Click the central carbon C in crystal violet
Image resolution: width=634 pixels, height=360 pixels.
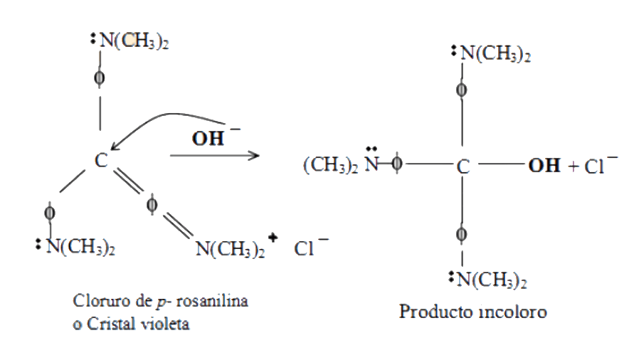click(101, 160)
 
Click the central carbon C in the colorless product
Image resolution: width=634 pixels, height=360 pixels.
click(463, 166)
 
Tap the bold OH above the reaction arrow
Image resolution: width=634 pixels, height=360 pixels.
click(208, 139)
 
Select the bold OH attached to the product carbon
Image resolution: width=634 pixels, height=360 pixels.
click(544, 166)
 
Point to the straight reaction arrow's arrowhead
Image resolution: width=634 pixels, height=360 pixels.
click(255, 155)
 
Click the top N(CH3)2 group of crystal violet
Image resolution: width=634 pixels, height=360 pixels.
click(134, 41)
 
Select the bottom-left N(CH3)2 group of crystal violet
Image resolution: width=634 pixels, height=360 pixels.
click(80, 246)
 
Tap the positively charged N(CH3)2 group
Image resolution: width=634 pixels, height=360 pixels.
click(230, 249)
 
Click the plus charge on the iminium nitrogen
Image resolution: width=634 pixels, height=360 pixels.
click(273, 238)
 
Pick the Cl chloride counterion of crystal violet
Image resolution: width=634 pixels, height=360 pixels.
click(304, 249)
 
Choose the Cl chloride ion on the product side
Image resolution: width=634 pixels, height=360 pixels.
click(593, 166)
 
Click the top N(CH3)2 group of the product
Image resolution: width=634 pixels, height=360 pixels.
click(495, 53)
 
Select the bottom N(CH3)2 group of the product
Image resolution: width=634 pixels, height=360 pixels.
click(492, 280)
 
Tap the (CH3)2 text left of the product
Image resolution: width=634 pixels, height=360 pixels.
click(331, 165)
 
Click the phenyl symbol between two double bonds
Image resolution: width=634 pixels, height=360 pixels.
click(152, 205)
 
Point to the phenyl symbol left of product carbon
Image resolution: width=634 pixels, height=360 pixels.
click(397, 164)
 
